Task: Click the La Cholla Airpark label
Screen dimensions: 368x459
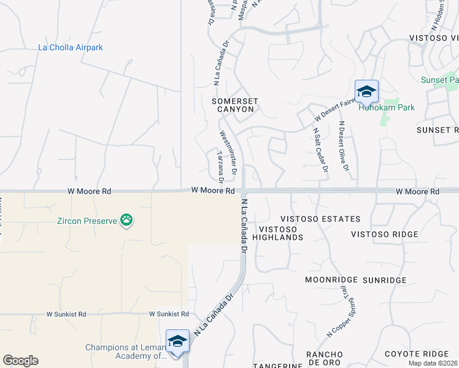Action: click(x=71, y=47)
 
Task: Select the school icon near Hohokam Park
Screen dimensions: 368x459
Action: click(x=366, y=92)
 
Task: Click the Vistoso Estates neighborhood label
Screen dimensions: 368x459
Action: click(x=320, y=219)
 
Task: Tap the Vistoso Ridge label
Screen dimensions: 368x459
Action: click(x=384, y=234)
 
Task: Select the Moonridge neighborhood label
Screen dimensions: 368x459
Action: click(x=331, y=280)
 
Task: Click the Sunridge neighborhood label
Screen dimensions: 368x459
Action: click(x=384, y=280)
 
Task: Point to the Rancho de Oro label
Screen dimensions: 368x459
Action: click(x=325, y=359)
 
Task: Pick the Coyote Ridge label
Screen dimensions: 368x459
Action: click(x=417, y=354)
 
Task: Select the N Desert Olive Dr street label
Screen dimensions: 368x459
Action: click(x=344, y=146)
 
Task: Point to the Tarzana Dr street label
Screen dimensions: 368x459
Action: click(x=219, y=167)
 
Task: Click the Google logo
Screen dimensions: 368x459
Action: click(x=20, y=361)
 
